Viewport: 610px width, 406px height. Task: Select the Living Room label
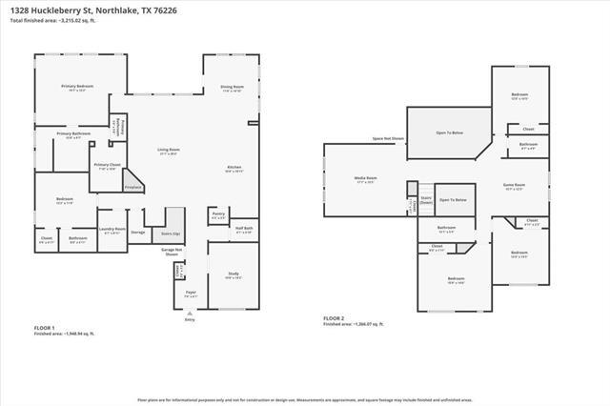point(169,151)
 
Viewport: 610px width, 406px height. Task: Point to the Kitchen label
point(234,170)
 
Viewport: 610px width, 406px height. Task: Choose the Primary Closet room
point(107,167)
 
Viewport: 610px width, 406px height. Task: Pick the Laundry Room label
point(112,230)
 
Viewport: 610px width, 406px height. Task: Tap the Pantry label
point(218,213)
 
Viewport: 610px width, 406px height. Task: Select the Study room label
point(233,274)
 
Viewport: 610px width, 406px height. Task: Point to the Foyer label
point(191,294)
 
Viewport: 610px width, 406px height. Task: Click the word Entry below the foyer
point(189,319)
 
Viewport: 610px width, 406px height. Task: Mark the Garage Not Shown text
point(172,253)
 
